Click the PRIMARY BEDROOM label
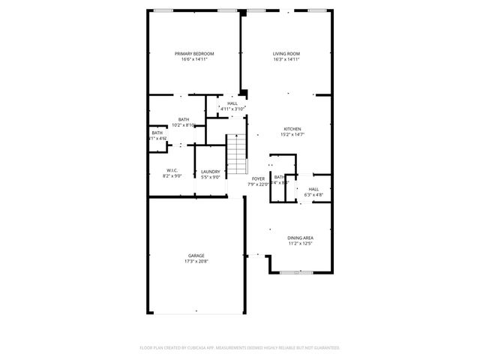pyautogui.click(x=194, y=54)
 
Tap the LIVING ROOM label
pyautogui.click(x=286, y=54)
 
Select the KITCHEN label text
pyautogui.click(x=292, y=128)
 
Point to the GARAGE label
pyautogui.click(x=196, y=256)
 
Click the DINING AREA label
pyautogui.click(x=300, y=238)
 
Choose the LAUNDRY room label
pyautogui.click(x=210, y=172)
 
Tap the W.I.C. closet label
pyautogui.click(x=172, y=171)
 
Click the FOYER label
pyautogui.click(x=258, y=178)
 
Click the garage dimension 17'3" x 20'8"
pyautogui.click(x=196, y=261)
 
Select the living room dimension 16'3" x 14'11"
pyautogui.click(x=286, y=59)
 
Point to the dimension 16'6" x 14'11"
pyautogui.click(x=194, y=59)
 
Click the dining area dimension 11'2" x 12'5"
pyautogui.click(x=300, y=243)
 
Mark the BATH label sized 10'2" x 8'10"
pyautogui.click(x=183, y=120)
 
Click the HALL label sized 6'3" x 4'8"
pyautogui.click(x=313, y=189)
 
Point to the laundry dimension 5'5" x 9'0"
pyautogui.click(x=210, y=177)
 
